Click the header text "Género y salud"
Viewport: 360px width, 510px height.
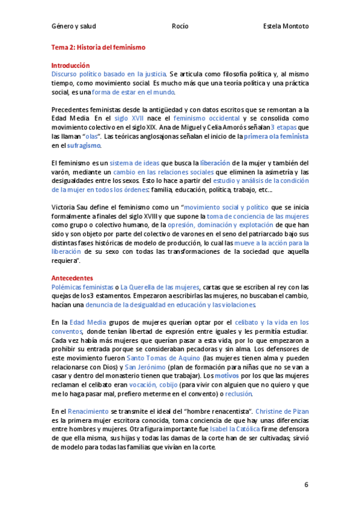pyautogui.click(x=73, y=26)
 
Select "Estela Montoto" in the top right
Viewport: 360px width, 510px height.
pyautogui.click(x=285, y=26)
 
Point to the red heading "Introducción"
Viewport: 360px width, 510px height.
pyautogui.click(x=70, y=65)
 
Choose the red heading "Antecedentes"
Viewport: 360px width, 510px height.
pyautogui.click(x=72, y=278)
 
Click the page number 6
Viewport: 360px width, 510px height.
pyautogui.click(x=306, y=484)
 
